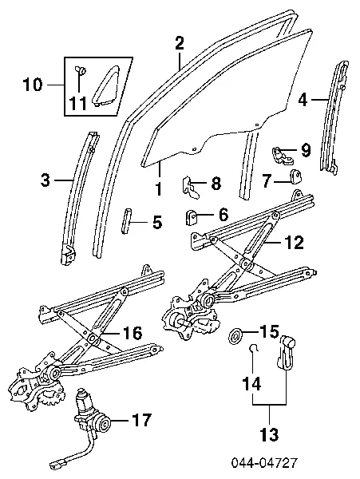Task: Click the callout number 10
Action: pyautogui.click(x=34, y=85)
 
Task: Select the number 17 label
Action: pyautogui.click(x=141, y=420)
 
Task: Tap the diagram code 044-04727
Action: pyautogui.click(x=264, y=463)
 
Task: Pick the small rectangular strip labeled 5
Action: pyautogui.click(x=126, y=220)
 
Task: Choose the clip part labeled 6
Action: pyautogui.click(x=192, y=216)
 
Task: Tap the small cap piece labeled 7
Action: pyautogui.click(x=295, y=176)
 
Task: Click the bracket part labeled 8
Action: pyautogui.click(x=191, y=187)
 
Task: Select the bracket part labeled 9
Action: pyautogui.click(x=282, y=155)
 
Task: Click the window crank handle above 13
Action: pyautogui.click(x=287, y=351)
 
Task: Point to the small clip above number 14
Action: pyautogui.click(x=253, y=348)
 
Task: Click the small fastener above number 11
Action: pyautogui.click(x=80, y=70)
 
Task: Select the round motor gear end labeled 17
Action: pyautogui.click(x=104, y=423)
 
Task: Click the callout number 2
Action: pyautogui.click(x=180, y=43)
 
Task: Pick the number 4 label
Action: pyautogui.click(x=303, y=100)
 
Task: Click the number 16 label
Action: pyautogui.click(x=133, y=333)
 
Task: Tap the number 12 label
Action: pyautogui.click(x=295, y=242)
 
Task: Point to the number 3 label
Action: pyautogui.click(x=45, y=180)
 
